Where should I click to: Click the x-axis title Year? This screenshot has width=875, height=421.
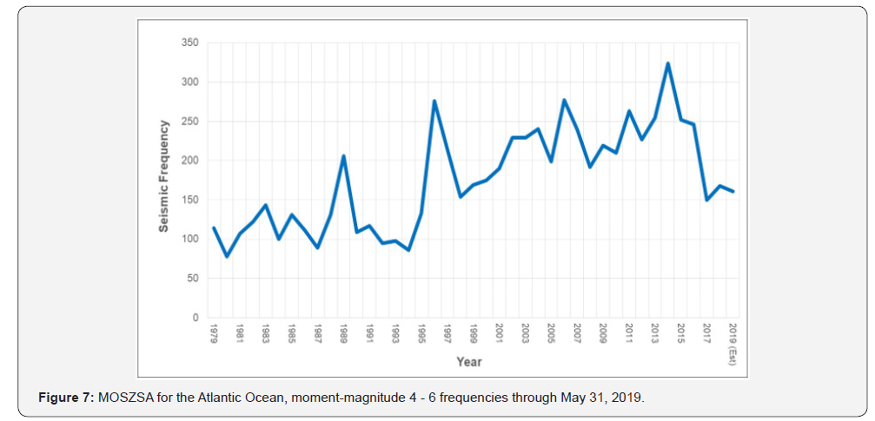click(469, 362)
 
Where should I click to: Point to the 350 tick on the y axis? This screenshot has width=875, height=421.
click(190, 43)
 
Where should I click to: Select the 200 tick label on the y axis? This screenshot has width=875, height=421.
click(190, 161)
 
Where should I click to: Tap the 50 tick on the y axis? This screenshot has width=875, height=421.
click(193, 279)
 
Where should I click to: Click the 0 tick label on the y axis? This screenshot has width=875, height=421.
click(196, 318)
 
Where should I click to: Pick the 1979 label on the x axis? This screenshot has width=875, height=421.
click(214, 333)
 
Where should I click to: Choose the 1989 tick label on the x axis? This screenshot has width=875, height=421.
click(344, 333)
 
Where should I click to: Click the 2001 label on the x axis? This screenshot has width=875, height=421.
click(500, 333)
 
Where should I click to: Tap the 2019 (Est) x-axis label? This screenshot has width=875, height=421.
click(732, 344)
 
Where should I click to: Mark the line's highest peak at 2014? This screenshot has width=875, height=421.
click(667, 63)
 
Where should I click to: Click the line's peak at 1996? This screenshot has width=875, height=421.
click(434, 102)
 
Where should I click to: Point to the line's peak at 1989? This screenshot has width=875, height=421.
click(344, 156)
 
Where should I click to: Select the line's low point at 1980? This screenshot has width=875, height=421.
click(227, 256)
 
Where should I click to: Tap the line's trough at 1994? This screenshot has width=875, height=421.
click(408, 250)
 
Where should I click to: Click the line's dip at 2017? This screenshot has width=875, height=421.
click(706, 200)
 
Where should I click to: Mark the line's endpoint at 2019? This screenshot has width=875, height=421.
click(732, 191)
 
